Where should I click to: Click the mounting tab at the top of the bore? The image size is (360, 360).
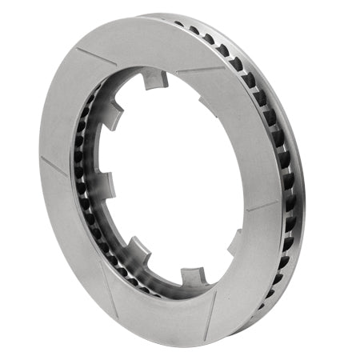154,80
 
